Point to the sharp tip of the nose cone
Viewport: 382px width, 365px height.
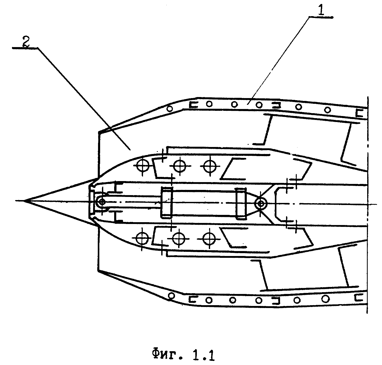24,201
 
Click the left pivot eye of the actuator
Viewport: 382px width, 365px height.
101,201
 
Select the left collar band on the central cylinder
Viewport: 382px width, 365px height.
167,202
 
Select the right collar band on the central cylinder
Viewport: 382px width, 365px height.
241,203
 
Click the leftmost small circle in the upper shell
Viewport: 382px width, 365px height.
170,108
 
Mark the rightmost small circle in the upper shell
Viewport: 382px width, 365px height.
327,109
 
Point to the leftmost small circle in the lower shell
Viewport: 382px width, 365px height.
171,295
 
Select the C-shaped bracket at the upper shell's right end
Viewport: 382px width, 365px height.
359,113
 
